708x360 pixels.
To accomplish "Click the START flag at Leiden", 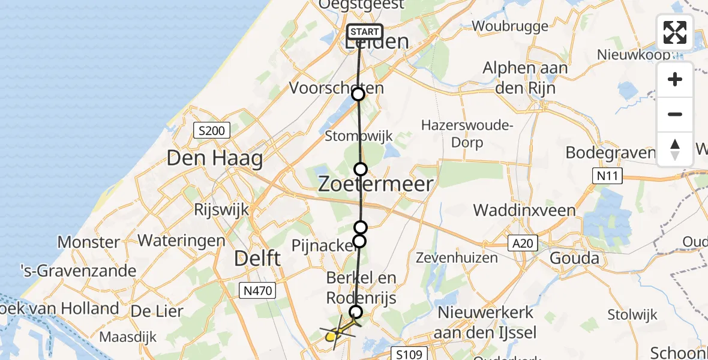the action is pos(364,32).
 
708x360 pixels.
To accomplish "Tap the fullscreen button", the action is pos(675,32).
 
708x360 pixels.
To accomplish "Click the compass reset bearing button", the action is pos(675,149).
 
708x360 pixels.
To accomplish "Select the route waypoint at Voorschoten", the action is pos(358,94).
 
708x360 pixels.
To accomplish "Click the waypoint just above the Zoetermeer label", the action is pos(361,169).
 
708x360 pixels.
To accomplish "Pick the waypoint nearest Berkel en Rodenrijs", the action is pos(356,312).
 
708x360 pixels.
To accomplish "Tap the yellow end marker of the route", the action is pos(331,336).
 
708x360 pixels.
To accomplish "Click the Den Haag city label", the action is pos(215,159).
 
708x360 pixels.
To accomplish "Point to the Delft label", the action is pos(257,259).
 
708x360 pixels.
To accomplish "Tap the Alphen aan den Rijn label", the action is pos(525,77).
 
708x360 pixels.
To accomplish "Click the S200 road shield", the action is pos(212,130).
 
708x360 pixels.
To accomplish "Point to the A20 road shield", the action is pos(521,243).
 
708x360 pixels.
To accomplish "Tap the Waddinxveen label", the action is pos(524,211).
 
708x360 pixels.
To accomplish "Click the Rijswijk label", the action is pos(217,210).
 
